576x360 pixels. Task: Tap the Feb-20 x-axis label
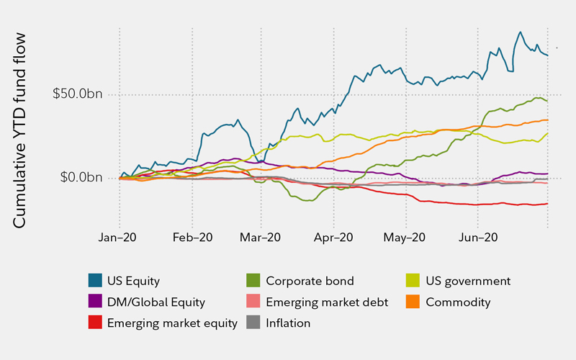click(192, 235)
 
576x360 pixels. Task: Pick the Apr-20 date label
click(335, 235)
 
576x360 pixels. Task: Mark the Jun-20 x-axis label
click(480, 235)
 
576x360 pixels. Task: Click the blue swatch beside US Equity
click(94, 281)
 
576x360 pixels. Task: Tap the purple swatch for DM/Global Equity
click(94, 302)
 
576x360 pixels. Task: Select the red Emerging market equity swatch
click(94, 323)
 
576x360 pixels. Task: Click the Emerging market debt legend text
click(327, 302)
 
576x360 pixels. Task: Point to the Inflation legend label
click(288, 323)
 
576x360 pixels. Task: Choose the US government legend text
click(469, 281)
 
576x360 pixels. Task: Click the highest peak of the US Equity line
click(520, 32)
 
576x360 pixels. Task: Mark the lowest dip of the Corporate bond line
click(310, 201)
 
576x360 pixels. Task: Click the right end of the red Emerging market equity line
click(548, 203)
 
